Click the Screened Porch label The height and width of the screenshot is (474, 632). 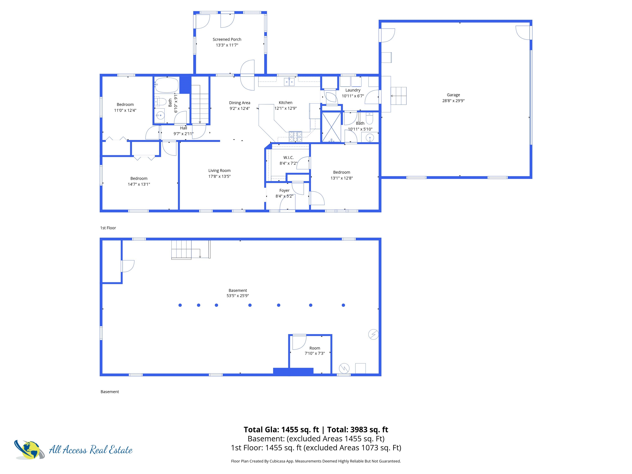227,39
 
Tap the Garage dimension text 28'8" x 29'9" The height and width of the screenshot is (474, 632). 453,101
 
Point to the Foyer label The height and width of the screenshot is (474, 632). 284,190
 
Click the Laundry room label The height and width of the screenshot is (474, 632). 353,90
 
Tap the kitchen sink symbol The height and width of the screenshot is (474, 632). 289,82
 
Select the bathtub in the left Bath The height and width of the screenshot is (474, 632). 167,85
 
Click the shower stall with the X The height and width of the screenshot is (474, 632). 331,127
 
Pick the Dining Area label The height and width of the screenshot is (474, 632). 239,103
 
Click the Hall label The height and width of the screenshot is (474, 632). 184,128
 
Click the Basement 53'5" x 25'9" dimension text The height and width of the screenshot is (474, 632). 237,296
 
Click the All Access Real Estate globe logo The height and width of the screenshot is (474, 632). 29,450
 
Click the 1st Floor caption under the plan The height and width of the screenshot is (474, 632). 108,228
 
